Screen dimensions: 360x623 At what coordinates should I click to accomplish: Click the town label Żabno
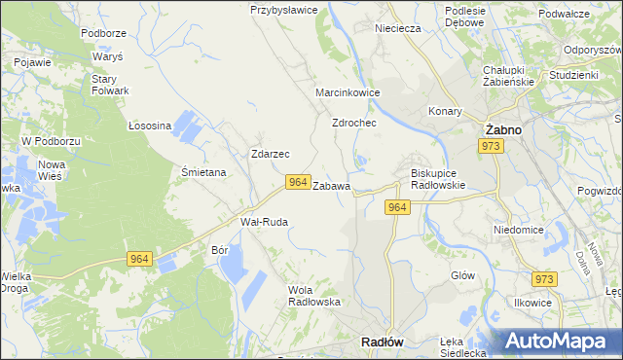coord(503,129)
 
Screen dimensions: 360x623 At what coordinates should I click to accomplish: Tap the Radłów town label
coord(383,342)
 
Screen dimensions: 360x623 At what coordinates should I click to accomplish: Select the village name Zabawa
coord(332,185)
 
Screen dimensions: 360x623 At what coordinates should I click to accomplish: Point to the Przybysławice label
coord(284,10)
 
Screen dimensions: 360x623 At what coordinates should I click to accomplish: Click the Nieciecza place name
coord(402,29)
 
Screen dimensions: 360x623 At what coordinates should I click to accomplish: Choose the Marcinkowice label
coord(348,92)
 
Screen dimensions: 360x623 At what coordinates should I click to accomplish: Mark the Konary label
coord(446,111)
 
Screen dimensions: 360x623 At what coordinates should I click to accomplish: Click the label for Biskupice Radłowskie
coord(433,179)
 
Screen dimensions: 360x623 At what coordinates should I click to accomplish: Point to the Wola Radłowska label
coord(314,295)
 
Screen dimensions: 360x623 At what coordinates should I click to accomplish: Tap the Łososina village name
coord(150,126)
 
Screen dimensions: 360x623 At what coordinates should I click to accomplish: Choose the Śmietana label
coord(203,172)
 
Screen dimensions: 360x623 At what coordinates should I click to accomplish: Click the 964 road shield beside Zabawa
coord(298,182)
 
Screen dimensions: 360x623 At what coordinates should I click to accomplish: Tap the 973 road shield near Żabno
coord(491,146)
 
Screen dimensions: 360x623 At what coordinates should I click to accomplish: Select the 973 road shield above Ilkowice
coord(544,279)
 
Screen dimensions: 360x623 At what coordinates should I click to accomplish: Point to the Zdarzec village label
coord(270,154)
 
